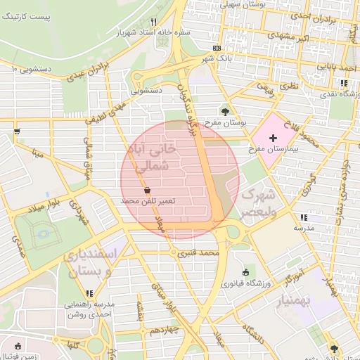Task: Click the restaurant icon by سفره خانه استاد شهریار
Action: (x=153, y=22)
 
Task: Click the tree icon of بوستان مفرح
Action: (x=225, y=110)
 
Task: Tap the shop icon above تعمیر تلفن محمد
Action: (x=147, y=190)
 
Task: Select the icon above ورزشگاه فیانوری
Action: (x=245, y=273)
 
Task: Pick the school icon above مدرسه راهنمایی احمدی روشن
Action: (x=89, y=292)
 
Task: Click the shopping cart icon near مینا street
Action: (x=16, y=131)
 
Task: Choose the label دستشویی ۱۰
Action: (x=34, y=69)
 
